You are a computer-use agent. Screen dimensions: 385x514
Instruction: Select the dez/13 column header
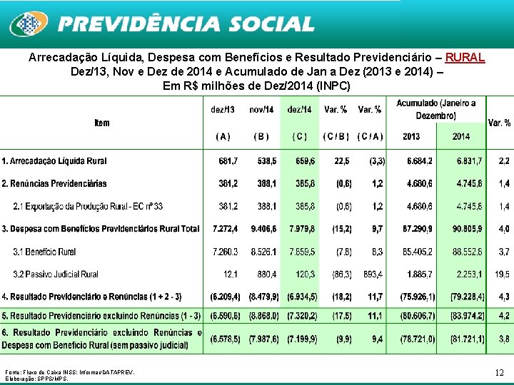pyautogui.click(x=223, y=110)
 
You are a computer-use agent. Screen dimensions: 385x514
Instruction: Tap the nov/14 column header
pyautogui.click(x=261, y=110)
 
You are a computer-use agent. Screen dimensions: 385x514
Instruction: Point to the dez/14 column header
pyautogui.click(x=299, y=110)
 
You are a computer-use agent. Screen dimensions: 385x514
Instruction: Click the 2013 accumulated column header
pyautogui.click(x=411, y=136)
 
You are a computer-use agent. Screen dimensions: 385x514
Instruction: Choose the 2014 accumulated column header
pyautogui.click(x=460, y=136)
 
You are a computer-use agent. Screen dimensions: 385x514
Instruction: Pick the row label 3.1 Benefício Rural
pyautogui.click(x=44, y=252)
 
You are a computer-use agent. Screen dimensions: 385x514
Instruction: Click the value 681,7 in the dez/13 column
pyautogui.click(x=228, y=162)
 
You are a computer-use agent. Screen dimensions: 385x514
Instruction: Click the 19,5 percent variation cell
pyautogui.click(x=503, y=274)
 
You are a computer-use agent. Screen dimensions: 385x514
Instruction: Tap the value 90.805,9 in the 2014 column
pyautogui.click(x=467, y=229)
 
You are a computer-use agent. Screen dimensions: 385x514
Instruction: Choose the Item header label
pyautogui.click(x=102, y=123)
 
